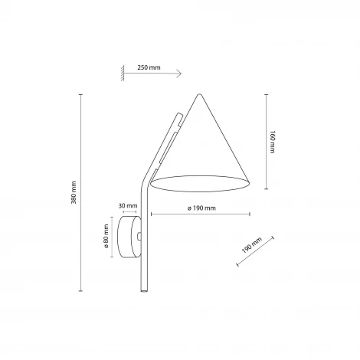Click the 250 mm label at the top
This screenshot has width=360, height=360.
click(149, 67)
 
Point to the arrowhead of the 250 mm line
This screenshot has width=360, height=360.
click(179, 74)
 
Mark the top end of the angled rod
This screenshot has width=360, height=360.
click(177, 115)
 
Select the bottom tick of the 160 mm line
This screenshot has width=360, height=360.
click(265, 188)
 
